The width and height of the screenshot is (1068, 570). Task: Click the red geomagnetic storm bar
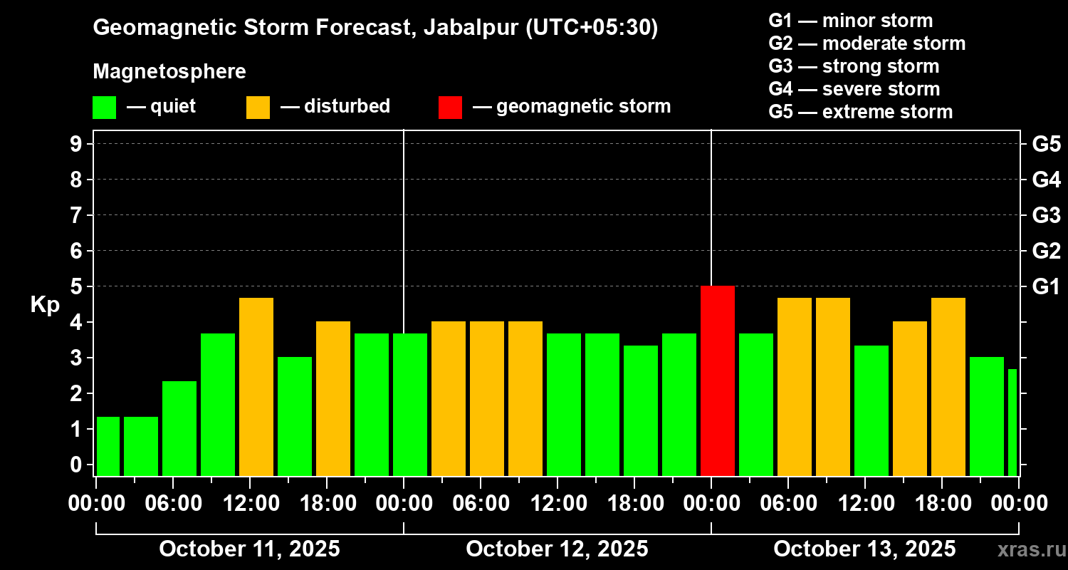pos(717,380)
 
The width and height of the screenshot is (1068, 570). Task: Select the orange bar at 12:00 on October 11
pos(256,386)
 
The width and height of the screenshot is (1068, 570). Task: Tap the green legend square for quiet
pos(104,107)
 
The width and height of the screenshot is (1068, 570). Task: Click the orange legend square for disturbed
pos(258,107)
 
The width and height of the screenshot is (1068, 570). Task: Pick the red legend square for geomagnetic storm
pos(450,107)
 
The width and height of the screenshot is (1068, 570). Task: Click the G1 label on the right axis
pos(1046,286)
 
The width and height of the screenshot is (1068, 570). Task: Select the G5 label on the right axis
pos(1046,144)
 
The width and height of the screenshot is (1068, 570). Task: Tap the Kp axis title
pos(44,304)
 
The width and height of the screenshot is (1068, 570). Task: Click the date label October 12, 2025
pos(557,549)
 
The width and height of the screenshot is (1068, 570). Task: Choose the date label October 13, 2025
pos(864,549)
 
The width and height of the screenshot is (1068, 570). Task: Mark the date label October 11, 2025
pos(249,549)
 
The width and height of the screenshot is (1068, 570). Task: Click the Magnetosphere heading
pos(169,72)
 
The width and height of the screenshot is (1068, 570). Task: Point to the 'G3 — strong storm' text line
pos(854,66)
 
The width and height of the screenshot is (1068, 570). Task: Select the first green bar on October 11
pos(108,446)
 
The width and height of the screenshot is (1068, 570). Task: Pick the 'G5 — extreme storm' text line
pos(860,112)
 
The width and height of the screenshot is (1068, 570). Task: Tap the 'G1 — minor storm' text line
pos(850,21)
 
